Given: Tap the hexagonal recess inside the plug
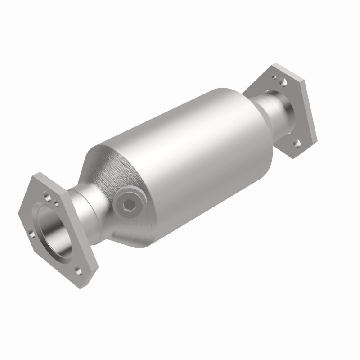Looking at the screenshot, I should tap(127, 205).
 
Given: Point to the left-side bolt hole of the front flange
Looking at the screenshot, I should tap(31, 233).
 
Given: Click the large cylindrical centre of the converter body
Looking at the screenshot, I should tap(189, 148).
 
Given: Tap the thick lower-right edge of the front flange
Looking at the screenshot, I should tap(92, 270).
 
